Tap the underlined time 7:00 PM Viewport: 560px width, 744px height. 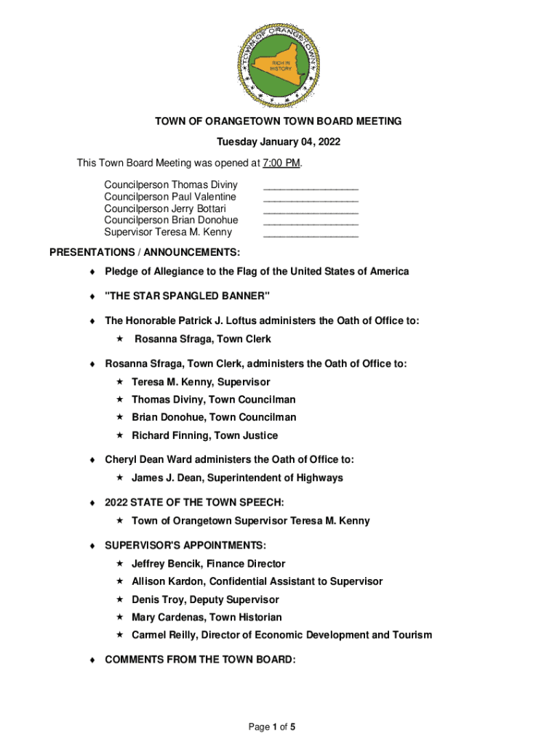point(282,162)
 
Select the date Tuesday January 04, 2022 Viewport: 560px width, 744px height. point(280,142)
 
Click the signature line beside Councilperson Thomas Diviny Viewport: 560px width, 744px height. point(311,187)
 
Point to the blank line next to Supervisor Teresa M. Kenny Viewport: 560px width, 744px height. point(311,235)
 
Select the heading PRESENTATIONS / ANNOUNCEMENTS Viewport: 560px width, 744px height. point(145,253)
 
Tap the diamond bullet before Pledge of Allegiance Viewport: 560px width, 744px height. point(92,272)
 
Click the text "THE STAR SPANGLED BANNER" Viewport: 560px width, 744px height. point(187,296)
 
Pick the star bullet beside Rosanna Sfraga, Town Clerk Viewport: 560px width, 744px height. point(121,339)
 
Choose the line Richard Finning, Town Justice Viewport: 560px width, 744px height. point(204,436)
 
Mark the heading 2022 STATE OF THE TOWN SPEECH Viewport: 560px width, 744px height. point(194,503)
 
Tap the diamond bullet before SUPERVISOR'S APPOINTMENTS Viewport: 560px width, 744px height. point(92,546)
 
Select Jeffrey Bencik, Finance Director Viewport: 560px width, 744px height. point(208,564)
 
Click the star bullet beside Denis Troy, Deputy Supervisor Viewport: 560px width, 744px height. point(121,600)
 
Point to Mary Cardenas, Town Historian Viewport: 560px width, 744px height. point(207,618)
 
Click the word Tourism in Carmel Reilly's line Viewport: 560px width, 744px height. point(412,635)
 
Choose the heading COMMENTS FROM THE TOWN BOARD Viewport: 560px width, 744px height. point(200,660)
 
